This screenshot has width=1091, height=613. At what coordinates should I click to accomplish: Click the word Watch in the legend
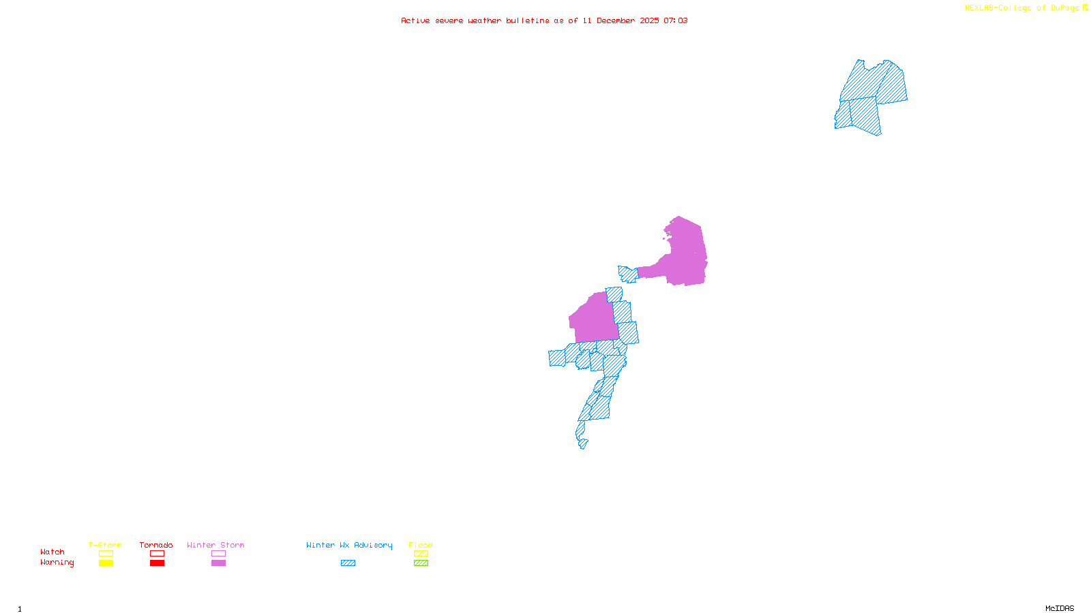53,552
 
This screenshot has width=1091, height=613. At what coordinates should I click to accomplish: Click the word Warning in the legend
57,563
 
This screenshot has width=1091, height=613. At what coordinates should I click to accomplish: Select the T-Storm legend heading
105,545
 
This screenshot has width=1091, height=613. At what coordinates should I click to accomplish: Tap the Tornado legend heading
156,545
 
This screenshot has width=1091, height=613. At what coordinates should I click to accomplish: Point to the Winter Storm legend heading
215,545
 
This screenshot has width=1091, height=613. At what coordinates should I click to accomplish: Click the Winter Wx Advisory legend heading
349,545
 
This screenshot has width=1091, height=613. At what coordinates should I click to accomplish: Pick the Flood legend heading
421,545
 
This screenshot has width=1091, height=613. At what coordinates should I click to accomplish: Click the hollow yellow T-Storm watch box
106,554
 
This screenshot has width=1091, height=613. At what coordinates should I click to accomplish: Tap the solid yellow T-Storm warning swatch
106,563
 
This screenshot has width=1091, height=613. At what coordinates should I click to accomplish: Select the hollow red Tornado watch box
157,554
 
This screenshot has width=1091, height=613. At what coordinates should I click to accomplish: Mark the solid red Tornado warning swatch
157,563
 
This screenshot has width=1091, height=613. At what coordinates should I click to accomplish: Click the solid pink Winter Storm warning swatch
218,563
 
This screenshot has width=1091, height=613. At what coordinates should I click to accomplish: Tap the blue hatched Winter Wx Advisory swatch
348,563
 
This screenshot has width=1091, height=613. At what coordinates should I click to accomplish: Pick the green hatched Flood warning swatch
421,563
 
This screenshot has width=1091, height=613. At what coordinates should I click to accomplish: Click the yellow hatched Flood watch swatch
421,554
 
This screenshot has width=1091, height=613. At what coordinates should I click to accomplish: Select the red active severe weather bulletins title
544,20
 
